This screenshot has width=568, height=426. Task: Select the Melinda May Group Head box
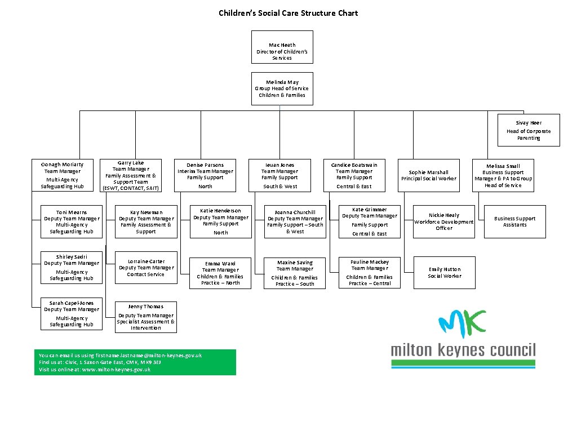(282, 88)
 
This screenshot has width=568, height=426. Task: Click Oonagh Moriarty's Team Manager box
(64, 175)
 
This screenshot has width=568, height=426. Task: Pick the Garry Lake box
(131, 175)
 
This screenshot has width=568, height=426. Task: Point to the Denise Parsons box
(205, 175)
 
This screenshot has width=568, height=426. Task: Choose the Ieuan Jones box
(279, 175)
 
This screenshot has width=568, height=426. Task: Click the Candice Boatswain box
(354, 175)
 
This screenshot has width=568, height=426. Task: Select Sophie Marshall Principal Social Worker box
(429, 175)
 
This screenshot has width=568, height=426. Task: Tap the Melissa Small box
(503, 175)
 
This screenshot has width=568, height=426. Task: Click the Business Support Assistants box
(515, 221)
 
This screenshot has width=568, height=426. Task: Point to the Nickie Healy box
(444, 221)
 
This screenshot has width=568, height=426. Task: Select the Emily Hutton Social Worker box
(444, 273)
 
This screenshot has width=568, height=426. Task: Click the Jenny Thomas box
(145, 317)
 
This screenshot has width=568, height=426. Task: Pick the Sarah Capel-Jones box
(72, 314)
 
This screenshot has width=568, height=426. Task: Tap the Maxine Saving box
(295, 273)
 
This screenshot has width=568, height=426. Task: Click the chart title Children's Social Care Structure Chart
(288, 13)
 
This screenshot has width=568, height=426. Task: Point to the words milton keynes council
(463, 350)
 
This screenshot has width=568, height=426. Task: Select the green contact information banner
(135, 362)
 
